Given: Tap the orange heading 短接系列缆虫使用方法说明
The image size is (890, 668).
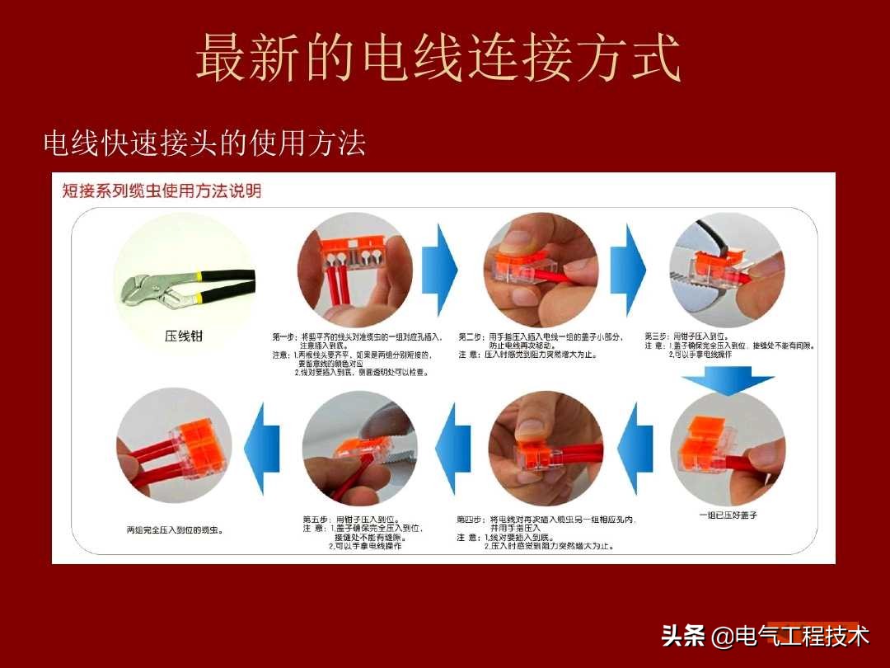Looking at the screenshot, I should point(162,191).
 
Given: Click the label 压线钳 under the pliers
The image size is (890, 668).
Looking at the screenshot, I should point(183,336).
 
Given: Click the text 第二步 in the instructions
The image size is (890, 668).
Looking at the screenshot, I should point(472,337).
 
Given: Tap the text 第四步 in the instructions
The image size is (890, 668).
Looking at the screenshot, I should point(472,520).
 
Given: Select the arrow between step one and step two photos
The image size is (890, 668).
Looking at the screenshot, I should point(446,266).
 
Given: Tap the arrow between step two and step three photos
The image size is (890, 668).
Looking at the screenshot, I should point(635,266).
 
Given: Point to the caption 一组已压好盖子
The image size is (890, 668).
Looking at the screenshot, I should point(728,515).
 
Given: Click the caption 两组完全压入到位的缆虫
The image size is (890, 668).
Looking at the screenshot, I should point(174,529).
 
